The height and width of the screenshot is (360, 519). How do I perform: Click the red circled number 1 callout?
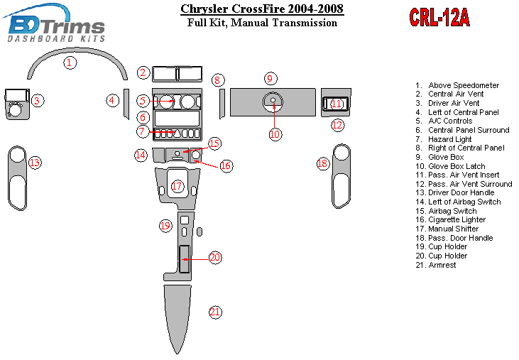[70, 62]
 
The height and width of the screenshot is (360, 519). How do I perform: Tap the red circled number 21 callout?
[215, 312]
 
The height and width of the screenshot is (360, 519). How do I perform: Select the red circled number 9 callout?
[271, 79]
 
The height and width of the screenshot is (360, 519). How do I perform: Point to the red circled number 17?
[177, 186]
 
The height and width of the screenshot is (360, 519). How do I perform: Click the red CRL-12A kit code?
[439, 17]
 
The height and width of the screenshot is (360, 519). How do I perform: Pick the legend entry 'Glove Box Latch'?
[450, 166]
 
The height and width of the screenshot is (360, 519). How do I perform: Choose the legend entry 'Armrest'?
[436, 265]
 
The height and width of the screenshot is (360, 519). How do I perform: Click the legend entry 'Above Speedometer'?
[457, 85]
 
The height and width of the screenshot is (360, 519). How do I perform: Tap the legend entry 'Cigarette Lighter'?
[450, 219]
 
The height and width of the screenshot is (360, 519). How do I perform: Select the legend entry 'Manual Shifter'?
[447, 229]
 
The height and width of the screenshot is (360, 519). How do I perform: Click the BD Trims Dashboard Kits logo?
[55, 24]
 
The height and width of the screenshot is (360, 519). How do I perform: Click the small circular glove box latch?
[273, 100]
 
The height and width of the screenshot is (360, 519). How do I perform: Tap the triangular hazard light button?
[177, 133]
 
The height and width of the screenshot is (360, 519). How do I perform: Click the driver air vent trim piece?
[17, 104]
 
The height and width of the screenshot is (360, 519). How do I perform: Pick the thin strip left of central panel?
[126, 104]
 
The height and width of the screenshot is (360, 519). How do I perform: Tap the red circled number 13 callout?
[35, 163]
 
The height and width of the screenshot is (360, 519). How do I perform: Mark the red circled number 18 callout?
[322, 163]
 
